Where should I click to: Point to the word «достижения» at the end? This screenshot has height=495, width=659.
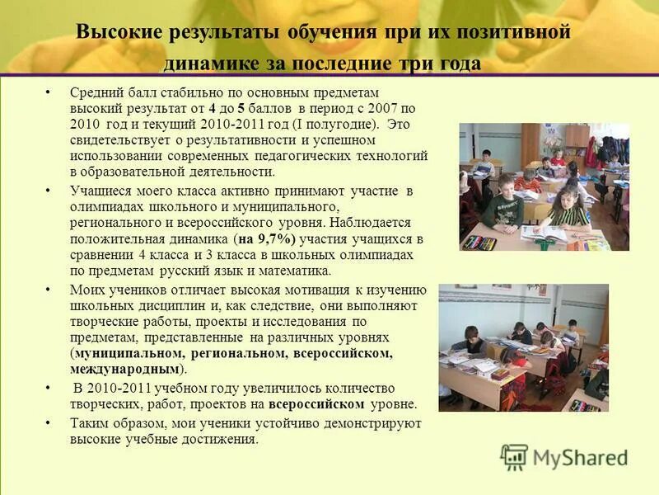point(220,439)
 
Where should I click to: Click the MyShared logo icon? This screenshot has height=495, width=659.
point(514,457)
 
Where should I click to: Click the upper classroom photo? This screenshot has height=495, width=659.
point(544,187)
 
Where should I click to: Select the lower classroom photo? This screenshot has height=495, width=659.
point(523,348)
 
